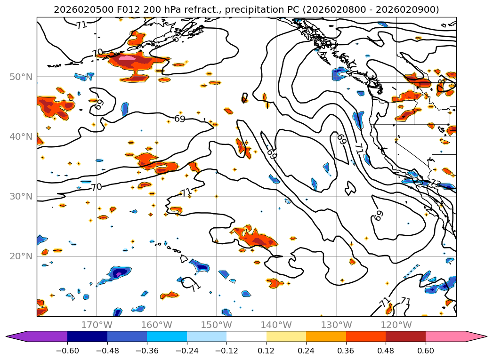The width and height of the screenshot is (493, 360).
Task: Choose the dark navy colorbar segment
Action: [x=87, y=336]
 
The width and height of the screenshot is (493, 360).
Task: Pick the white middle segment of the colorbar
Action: [x=246, y=336]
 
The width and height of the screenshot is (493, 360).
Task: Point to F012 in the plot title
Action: [x=116, y=9]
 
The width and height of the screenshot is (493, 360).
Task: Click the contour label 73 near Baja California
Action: [x=435, y=184]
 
